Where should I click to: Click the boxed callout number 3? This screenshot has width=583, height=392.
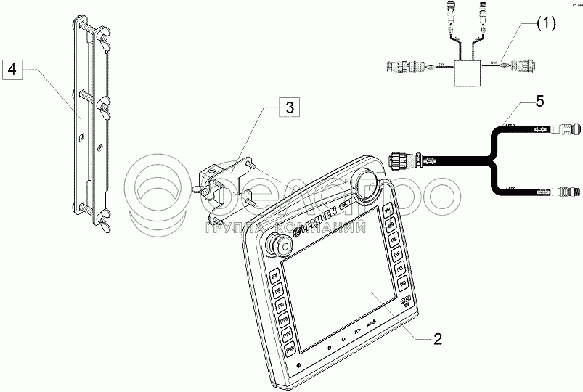point(288,109)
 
